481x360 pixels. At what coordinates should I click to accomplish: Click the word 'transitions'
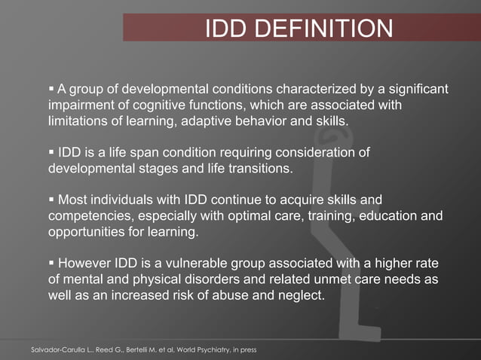click(x=253, y=169)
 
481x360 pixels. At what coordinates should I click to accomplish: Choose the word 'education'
click(x=385, y=217)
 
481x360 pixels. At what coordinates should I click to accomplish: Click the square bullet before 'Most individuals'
click(x=52, y=200)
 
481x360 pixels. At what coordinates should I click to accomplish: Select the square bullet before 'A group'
click(x=52, y=90)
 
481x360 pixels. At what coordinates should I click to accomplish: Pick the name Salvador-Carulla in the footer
click(x=57, y=350)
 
